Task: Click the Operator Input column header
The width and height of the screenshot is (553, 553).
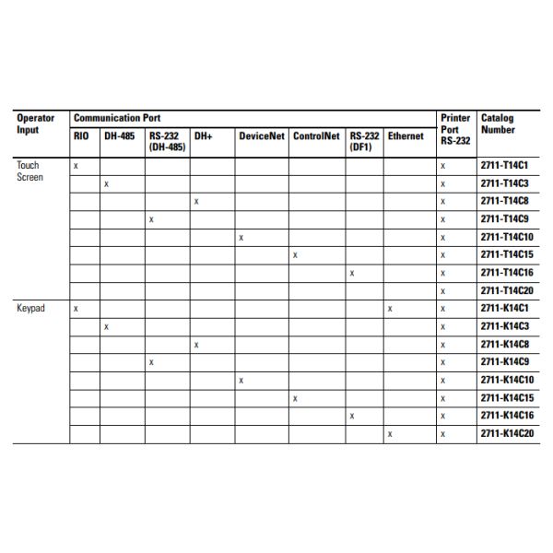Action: click(36, 124)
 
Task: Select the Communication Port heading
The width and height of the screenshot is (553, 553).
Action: click(116, 118)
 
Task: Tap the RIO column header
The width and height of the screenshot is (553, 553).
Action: click(81, 135)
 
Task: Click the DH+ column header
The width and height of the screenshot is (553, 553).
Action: click(203, 135)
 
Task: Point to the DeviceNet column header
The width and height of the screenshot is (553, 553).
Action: click(261, 135)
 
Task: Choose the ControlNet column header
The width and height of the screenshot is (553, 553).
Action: click(316, 135)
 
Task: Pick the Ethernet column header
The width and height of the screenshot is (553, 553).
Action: click(406, 135)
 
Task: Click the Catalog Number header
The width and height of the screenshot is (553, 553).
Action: click(498, 124)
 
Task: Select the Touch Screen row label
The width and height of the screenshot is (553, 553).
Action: click(29, 171)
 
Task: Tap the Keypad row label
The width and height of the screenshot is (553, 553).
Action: click(30, 309)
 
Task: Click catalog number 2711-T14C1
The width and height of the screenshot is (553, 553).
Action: click(502, 166)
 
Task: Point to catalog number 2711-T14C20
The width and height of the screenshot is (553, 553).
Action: click(506, 290)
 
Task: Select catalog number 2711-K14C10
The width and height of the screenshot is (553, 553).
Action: click(506, 380)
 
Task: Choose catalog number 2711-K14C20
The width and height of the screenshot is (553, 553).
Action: click(506, 433)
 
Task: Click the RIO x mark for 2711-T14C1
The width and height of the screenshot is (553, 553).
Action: click(76, 166)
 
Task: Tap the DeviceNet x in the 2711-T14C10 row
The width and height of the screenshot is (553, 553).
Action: click(241, 238)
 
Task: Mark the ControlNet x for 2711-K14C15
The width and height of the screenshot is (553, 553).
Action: click(295, 398)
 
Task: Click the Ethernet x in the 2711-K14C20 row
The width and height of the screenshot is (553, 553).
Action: click(390, 433)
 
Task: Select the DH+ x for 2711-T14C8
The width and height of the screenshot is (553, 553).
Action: click(196, 202)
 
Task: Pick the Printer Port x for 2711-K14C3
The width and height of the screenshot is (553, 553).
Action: click(442, 326)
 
